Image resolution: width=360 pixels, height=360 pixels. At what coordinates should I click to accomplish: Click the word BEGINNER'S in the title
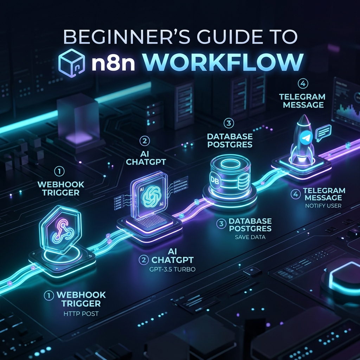pyautogui.click(x=127, y=37)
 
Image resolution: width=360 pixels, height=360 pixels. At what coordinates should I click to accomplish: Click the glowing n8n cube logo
pyautogui.click(x=72, y=63)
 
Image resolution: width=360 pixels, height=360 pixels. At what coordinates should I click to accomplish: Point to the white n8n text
pyautogui.click(x=113, y=63)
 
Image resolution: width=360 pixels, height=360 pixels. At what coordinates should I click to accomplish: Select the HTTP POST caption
pyautogui.click(x=81, y=314)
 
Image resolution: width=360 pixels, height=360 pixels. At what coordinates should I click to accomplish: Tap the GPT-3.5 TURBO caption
pyautogui.click(x=172, y=269)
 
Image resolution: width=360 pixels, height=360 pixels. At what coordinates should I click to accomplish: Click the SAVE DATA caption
pyautogui.click(x=250, y=237)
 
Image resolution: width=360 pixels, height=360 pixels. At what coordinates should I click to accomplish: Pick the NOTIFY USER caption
pyautogui.click(x=323, y=206)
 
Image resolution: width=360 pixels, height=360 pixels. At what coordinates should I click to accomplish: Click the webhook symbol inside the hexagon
pyautogui.click(x=62, y=231)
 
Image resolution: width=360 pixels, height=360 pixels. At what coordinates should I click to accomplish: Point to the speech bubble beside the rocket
pyautogui.click(x=323, y=133)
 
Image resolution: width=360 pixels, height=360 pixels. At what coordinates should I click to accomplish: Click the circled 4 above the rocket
pyautogui.click(x=303, y=84)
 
